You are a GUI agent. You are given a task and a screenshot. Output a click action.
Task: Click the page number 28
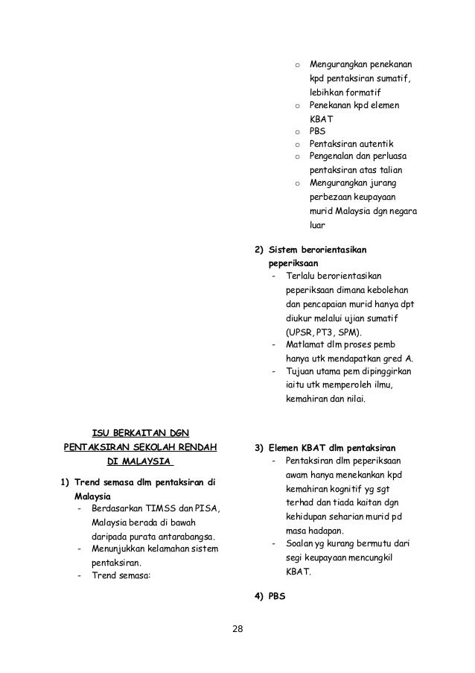238,629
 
